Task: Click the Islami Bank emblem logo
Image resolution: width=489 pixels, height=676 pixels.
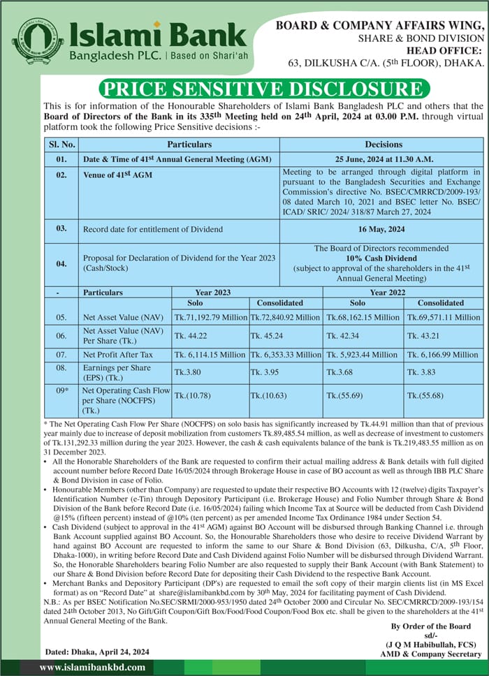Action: [x=37, y=41]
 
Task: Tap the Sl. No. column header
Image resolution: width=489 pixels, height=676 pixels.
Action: [x=61, y=145]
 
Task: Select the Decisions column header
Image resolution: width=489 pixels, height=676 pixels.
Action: [x=383, y=145]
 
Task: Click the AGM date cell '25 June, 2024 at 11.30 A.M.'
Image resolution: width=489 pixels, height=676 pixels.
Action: [x=383, y=159]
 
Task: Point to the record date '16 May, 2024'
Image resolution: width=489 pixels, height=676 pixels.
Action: [x=383, y=229]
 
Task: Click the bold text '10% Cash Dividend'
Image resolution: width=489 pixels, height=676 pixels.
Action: [x=383, y=258]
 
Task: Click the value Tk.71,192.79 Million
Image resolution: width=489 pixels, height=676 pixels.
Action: [x=211, y=318]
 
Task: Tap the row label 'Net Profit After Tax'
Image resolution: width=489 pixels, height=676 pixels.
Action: [x=117, y=355]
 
